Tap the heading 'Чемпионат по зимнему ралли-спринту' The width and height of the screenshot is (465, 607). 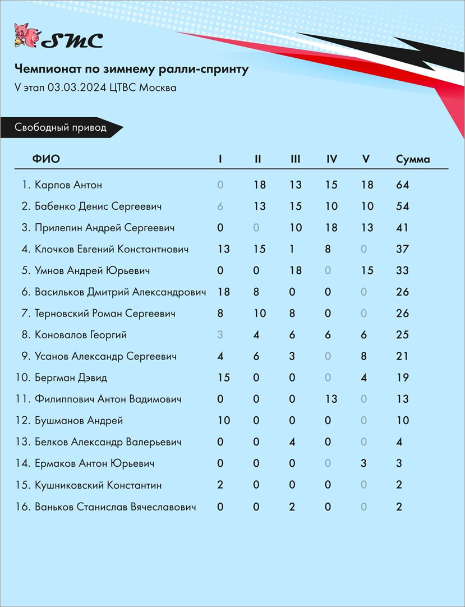click(x=131, y=70)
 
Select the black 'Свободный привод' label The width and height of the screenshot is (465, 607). click(x=61, y=127)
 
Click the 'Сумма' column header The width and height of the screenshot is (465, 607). click(x=413, y=159)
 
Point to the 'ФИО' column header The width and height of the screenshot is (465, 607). click(x=46, y=159)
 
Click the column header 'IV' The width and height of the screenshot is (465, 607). click(x=332, y=159)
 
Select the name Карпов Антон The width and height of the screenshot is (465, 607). click(x=68, y=185)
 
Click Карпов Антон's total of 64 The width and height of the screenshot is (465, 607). click(x=402, y=185)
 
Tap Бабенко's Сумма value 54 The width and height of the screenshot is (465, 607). click(x=402, y=206)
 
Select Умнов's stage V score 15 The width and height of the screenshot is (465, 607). click(x=367, y=270)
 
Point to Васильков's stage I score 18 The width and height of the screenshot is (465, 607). click(x=223, y=292)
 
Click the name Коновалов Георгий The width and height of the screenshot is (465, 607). click(x=81, y=335)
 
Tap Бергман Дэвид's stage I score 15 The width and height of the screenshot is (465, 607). click(x=223, y=378)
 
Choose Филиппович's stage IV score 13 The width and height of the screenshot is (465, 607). click(x=332, y=399)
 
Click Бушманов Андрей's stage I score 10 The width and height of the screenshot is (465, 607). click(x=223, y=420)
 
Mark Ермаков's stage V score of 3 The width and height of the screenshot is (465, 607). click(x=364, y=463)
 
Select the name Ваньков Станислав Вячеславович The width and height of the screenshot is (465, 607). click(x=116, y=507)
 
